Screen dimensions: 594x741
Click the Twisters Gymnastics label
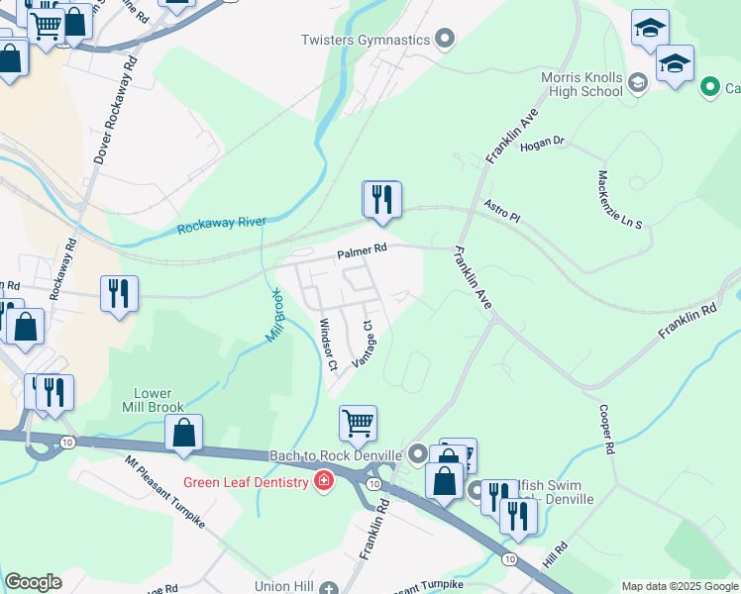point(367,40)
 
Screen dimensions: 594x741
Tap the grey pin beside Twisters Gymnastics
point(445,40)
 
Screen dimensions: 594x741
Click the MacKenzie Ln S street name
point(620,199)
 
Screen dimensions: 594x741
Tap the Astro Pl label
point(501,211)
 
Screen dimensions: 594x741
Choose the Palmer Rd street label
point(361,253)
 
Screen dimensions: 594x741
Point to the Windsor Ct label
point(329,345)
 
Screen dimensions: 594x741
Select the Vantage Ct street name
point(364,343)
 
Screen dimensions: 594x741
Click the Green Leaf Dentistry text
point(245,483)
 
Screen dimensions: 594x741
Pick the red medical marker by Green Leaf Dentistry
point(323,482)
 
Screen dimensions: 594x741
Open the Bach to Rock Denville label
point(336,455)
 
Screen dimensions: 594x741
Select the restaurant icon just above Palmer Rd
point(380,199)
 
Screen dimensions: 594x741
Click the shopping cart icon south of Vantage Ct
point(358,423)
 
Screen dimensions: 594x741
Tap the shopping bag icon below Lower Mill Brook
point(183,433)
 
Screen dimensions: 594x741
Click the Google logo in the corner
point(33,582)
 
